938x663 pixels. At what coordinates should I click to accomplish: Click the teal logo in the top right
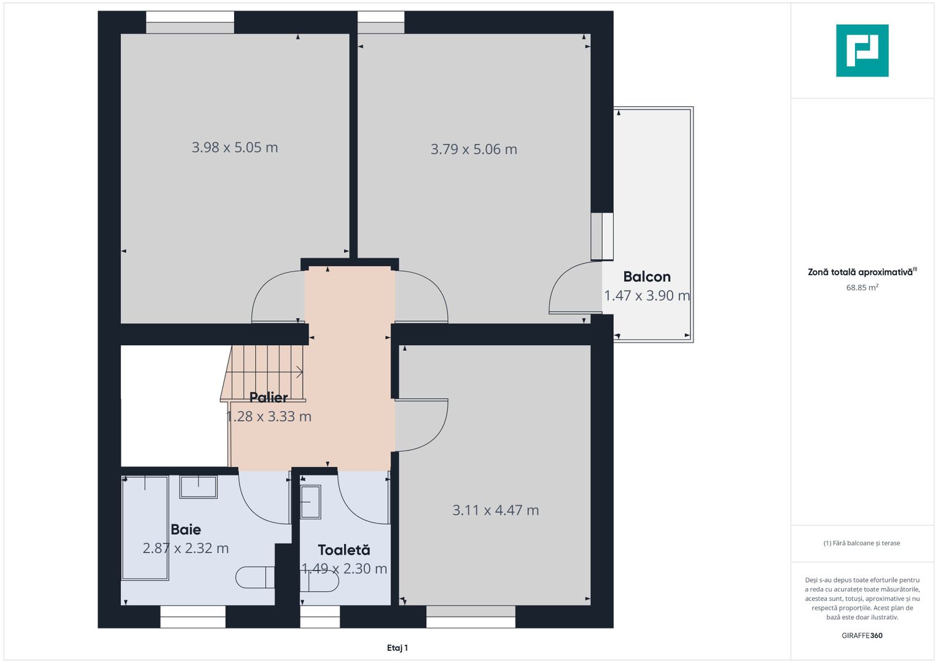[x=862, y=50]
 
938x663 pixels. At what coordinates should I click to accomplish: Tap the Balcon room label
[x=647, y=277]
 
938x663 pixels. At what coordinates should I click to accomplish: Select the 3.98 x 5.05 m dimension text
[x=235, y=147]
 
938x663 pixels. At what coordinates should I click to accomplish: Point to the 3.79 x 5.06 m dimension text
[x=474, y=149]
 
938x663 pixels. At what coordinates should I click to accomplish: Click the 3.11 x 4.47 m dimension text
[x=495, y=510]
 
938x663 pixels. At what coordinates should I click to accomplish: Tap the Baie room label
[x=186, y=529]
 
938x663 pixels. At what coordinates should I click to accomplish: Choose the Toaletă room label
[x=344, y=549]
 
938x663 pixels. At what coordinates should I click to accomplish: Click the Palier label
[x=268, y=397]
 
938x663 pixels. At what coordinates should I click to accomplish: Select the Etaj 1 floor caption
[x=397, y=648]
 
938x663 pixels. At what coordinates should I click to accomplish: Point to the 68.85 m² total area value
[x=862, y=287]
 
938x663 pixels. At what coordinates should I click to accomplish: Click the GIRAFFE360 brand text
[x=862, y=635]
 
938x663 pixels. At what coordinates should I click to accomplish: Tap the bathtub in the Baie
[x=145, y=528]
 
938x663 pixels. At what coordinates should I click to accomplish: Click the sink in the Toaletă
[x=310, y=502]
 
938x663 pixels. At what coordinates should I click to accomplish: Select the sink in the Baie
[x=198, y=487]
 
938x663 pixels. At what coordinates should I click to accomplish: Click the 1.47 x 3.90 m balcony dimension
[x=647, y=295]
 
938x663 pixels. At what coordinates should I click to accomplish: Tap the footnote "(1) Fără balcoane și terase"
[x=861, y=543]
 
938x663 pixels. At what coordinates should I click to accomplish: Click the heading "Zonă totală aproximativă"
[x=860, y=272]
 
